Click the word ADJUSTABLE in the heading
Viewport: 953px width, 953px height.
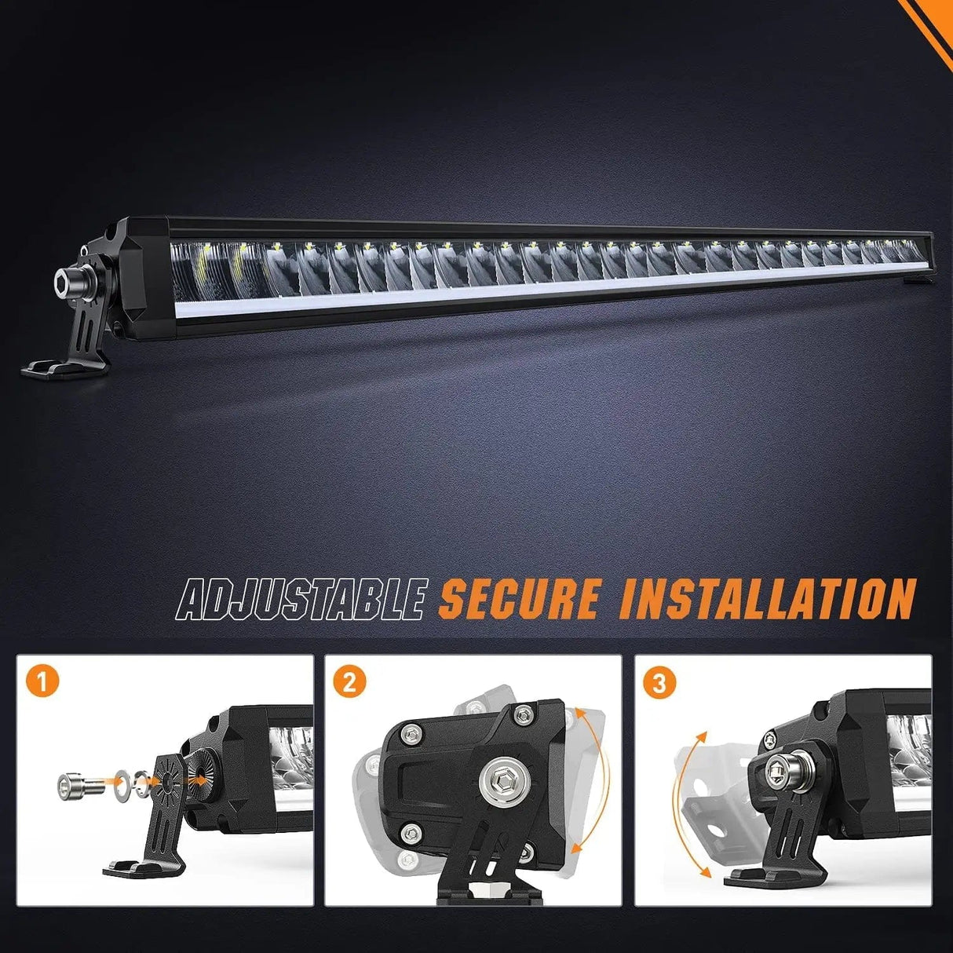pos(301,599)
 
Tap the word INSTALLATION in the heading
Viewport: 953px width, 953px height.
pos(765,599)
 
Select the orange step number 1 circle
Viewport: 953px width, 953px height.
pos(42,683)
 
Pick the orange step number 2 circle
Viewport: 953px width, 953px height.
pos(349,683)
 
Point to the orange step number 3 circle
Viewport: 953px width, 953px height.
pos(659,683)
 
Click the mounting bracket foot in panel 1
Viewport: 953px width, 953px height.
pos(144,871)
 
